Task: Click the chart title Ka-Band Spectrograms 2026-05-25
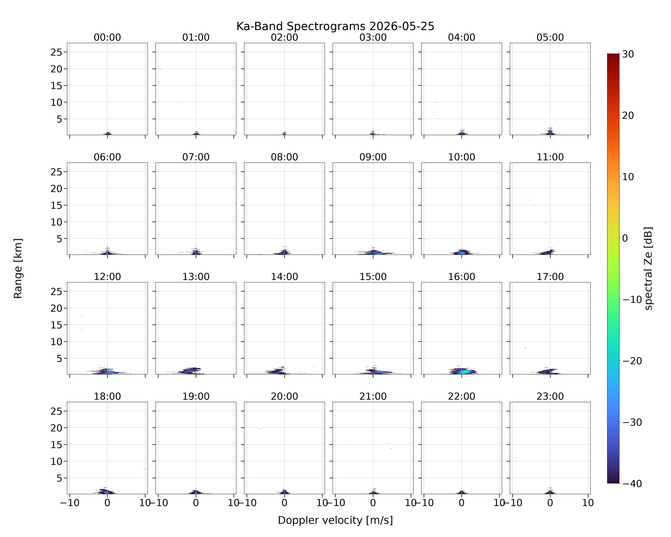click(335, 26)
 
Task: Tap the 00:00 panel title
click(107, 37)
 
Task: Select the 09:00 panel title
click(373, 157)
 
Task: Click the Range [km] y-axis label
click(18, 268)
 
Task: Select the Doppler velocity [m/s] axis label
click(335, 520)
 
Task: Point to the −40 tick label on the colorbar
click(631, 483)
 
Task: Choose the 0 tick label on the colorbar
click(625, 238)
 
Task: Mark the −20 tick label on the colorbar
click(631, 361)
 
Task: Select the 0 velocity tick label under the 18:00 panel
click(107, 503)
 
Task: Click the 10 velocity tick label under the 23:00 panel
click(588, 503)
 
